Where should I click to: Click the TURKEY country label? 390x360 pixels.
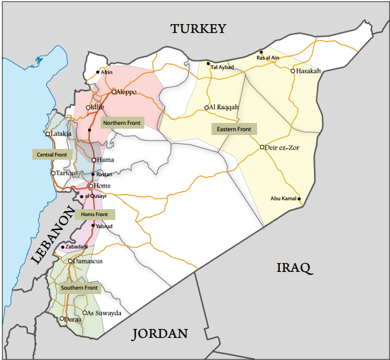(x=198, y=29)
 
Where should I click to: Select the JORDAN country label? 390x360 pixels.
(x=160, y=333)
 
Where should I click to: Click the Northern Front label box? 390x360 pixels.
(x=122, y=122)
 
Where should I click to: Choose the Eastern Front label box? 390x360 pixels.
(x=234, y=129)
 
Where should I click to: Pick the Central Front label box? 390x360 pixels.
(x=51, y=154)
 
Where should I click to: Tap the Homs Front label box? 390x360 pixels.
(x=95, y=215)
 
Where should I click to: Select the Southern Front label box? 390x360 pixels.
(x=79, y=288)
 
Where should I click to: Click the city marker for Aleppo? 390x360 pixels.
(x=114, y=92)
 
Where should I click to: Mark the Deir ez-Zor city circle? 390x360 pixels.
(x=262, y=147)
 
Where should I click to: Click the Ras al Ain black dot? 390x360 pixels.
(x=261, y=52)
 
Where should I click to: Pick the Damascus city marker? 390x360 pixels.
(x=71, y=260)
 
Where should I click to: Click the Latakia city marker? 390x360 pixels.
(x=47, y=134)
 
